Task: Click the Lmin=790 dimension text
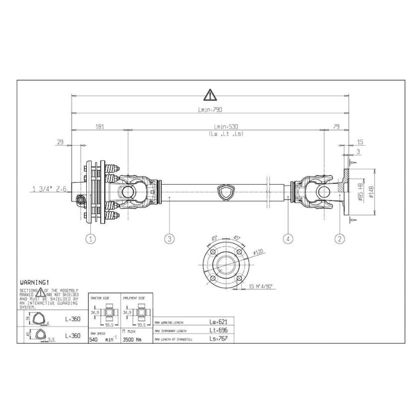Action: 209,109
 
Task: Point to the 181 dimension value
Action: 99,127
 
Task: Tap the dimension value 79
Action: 336,127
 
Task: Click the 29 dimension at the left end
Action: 60,142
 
